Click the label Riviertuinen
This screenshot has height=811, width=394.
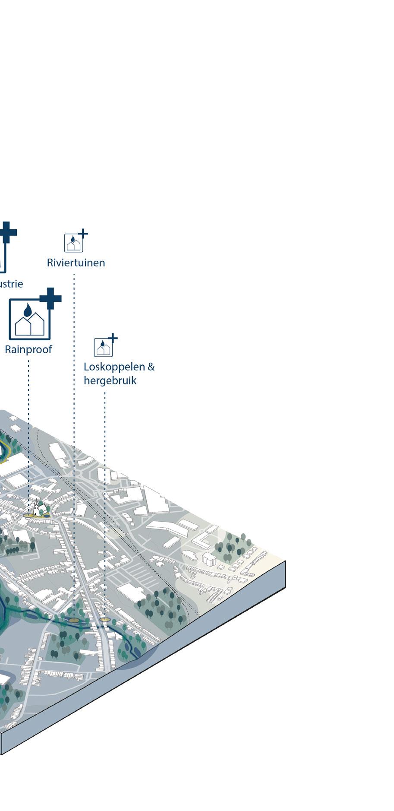point(76,263)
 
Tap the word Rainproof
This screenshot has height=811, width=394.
point(28,349)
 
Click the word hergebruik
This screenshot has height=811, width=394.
point(110,380)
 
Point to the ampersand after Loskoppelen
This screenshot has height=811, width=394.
point(151,367)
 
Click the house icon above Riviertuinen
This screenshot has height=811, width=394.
point(73,243)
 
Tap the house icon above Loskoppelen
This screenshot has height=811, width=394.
point(103,347)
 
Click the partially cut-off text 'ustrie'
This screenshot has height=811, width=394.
point(11,284)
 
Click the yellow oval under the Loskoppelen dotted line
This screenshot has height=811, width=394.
point(104,619)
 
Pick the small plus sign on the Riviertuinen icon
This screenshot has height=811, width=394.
point(83,234)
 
